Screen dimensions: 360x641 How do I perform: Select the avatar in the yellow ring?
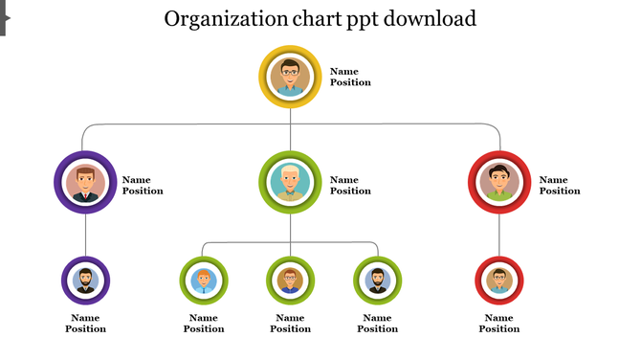290,77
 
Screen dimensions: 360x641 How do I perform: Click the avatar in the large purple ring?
86,183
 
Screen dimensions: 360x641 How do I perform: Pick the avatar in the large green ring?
290,182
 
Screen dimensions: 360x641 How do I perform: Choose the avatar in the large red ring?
499,182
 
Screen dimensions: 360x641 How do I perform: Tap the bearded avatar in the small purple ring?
85,281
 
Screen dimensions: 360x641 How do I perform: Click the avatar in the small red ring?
498,281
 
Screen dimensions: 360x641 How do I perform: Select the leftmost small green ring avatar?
204,281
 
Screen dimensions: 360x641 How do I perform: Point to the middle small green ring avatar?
290,281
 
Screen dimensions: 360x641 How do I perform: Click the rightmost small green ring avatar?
377,281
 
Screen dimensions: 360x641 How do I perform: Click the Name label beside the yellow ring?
344,71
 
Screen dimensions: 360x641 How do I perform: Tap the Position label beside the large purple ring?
143,191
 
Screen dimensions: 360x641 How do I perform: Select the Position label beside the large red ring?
560,191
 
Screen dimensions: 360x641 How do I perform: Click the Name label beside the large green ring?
344,180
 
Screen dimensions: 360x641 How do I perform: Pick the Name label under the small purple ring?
85,318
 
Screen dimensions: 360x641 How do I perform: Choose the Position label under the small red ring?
498,329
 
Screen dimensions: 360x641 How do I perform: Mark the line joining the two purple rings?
86,235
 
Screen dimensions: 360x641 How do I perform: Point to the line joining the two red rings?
499,235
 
